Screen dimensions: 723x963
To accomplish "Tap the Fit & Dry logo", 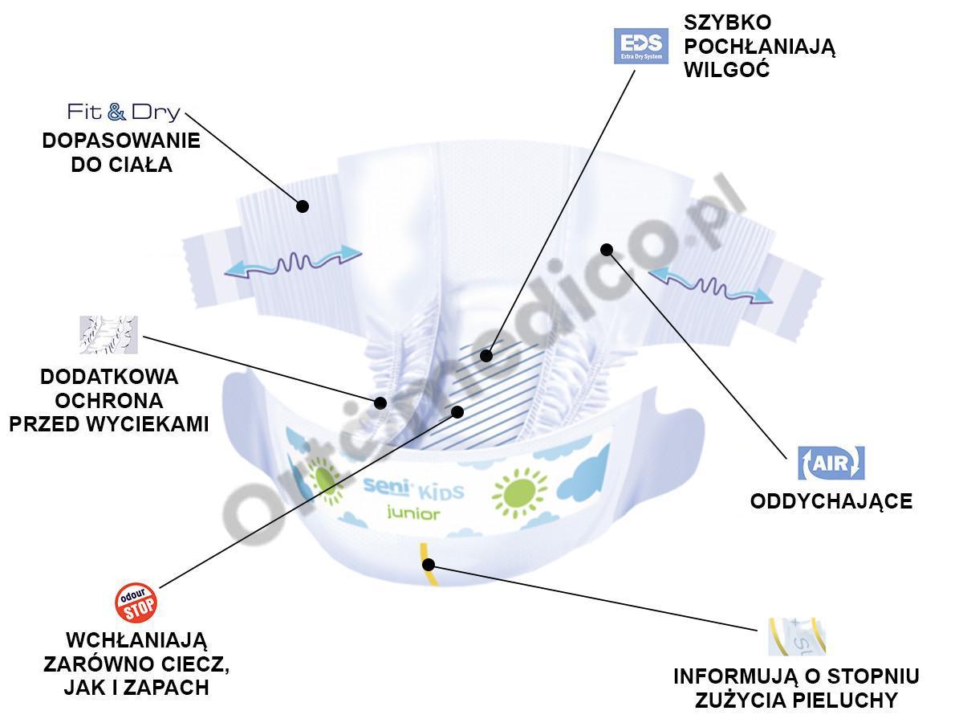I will [x=124, y=112].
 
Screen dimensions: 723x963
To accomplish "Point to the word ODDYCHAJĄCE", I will [x=831, y=501].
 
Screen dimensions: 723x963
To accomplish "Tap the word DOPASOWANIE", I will [x=121, y=141].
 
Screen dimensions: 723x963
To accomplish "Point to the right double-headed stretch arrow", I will [x=710, y=285].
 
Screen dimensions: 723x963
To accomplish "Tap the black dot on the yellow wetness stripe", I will [x=429, y=564].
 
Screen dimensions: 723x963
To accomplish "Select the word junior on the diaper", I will [x=413, y=513].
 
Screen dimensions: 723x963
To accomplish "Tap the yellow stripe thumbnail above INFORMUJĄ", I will [x=796, y=636].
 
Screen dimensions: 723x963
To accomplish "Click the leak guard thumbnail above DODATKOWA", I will [x=108, y=335].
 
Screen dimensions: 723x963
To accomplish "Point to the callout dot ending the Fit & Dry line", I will [x=303, y=206].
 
